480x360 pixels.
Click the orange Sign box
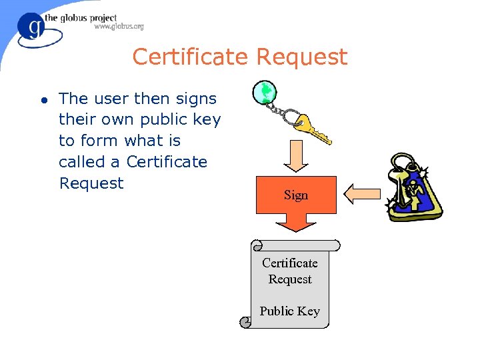tap(295, 195)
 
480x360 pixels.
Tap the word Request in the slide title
tap(301, 57)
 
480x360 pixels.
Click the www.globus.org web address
tap(119, 27)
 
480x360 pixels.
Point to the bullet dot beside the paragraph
tap(43, 101)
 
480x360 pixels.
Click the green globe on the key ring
tap(265, 93)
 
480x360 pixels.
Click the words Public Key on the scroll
tap(289, 311)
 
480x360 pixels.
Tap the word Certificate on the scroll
tap(289, 263)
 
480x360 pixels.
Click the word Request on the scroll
tap(289, 279)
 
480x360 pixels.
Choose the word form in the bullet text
tap(99, 141)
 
